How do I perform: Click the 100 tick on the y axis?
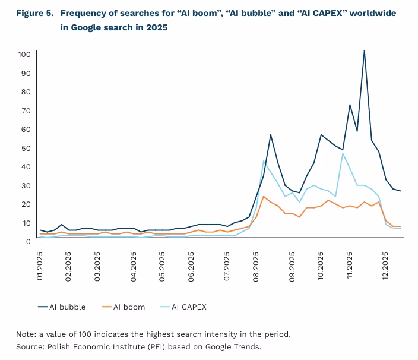click(x=24, y=55)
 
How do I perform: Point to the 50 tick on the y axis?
click(x=26, y=148)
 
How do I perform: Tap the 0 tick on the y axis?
click(x=28, y=241)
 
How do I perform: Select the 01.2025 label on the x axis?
click(x=40, y=265)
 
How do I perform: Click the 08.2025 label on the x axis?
click(x=256, y=265)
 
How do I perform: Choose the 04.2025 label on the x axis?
click(x=134, y=265)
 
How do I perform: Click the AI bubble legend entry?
click(x=62, y=307)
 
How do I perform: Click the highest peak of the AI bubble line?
click(x=364, y=50)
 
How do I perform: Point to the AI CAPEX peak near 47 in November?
click(x=343, y=153)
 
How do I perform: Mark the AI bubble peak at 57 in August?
click(x=271, y=135)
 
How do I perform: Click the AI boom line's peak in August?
click(x=263, y=196)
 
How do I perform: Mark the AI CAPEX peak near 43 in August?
click(x=263, y=160)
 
